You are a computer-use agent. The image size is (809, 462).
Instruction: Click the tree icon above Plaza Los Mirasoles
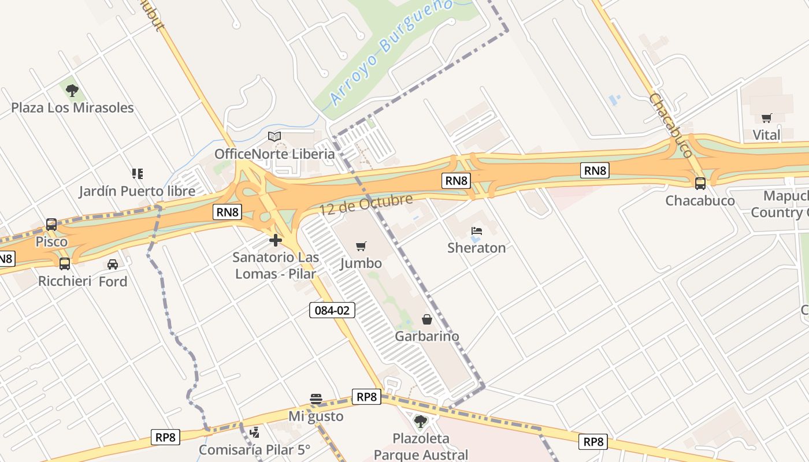pos(72,90)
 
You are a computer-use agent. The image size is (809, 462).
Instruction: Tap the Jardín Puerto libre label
pos(137,191)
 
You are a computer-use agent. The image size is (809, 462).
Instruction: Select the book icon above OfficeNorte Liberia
pos(274,137)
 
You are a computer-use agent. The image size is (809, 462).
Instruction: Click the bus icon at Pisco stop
pos(51,225)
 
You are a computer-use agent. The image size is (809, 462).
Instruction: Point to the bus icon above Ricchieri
pos(65,264)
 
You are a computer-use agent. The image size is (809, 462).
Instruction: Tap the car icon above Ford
pos(113,264)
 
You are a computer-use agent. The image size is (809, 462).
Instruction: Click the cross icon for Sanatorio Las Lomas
pos(276,240)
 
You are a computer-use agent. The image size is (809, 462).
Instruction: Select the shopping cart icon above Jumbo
pos(361,247)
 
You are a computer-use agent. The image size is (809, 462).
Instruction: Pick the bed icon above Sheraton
pos(477,231)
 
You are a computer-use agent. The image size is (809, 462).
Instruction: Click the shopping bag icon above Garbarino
pos(427,319)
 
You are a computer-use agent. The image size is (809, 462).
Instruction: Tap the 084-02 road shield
pos(332,310)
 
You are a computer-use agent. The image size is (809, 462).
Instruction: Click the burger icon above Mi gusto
pos(316,399)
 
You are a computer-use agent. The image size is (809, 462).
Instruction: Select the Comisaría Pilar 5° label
pos(254,449)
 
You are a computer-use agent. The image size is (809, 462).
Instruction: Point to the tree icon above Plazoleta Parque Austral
pos(421,421)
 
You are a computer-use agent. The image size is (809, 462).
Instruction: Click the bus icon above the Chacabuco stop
pos(700,184)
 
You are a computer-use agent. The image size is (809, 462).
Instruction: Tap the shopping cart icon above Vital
pos(767,118)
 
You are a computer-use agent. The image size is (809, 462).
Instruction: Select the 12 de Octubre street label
pos(366,205)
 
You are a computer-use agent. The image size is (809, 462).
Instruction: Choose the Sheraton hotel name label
pos(477,248)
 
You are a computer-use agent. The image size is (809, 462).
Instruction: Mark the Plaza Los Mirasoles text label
pos(72,108)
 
